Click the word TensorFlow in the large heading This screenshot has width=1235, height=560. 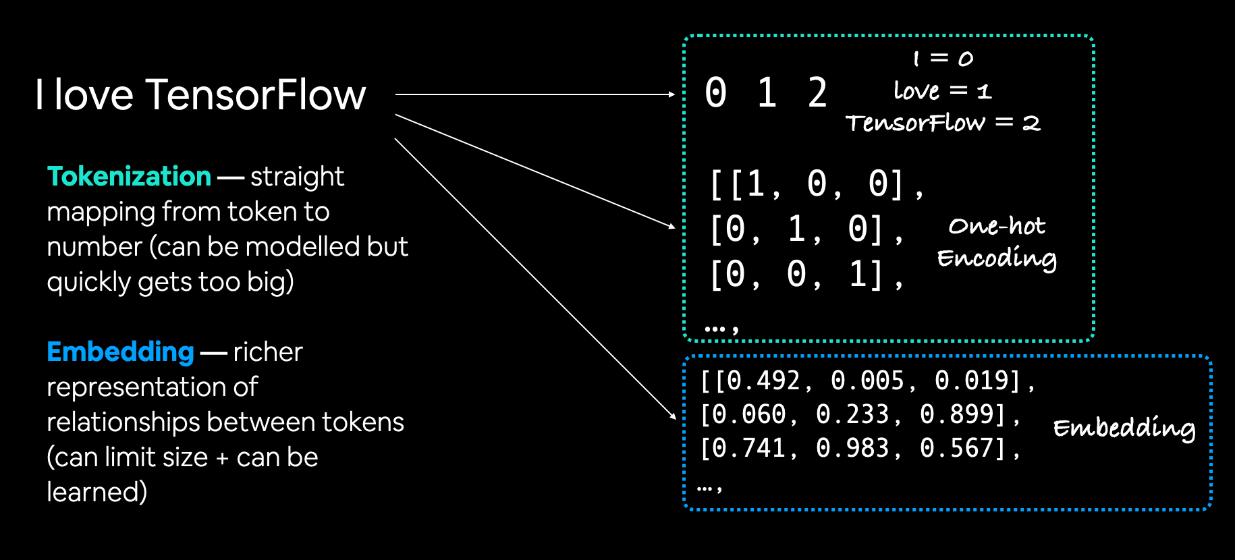tap(255, 94)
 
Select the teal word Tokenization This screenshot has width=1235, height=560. tap(129, 177)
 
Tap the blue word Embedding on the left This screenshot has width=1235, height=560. tap(120, 352)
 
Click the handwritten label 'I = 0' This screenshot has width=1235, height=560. tap(942, 59)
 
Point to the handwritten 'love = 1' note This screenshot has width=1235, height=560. tap(942, 90)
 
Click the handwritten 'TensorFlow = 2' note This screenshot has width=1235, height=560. tap(942, 123)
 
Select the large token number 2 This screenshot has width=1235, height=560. tap(817, 93)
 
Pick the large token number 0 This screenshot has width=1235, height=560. tap(715, 93)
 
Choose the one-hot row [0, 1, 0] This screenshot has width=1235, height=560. tap(805, 229)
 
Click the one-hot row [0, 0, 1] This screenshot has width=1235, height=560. tap(805, 275)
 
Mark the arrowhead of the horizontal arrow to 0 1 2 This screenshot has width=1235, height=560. tap(671, 94)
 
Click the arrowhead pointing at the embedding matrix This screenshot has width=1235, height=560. tap(673, 416)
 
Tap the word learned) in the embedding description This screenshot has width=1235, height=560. tap(97, 493)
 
